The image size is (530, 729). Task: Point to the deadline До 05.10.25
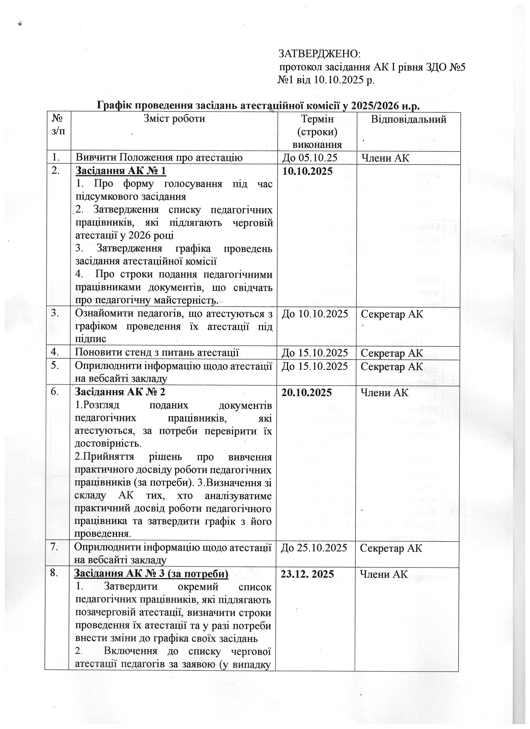click(309, 158)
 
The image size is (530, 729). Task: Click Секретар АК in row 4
click(392, 353)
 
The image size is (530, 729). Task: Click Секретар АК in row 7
click(391, 548)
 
